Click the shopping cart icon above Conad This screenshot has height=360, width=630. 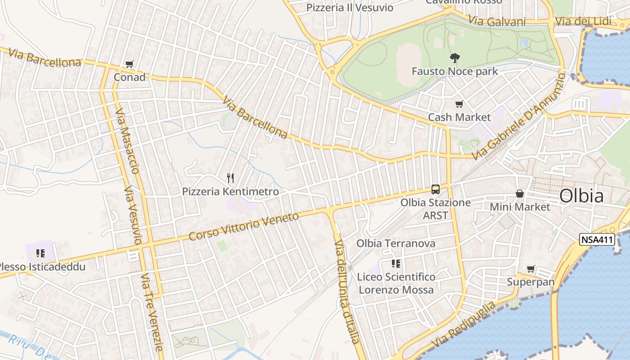[x=130, y=64]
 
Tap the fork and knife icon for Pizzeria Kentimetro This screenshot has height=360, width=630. [x=230, y=178]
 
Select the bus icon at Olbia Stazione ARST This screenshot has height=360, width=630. [x=435, y=189]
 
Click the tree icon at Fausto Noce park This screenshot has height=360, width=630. [x=454, y=58]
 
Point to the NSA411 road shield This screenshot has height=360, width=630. [x=597, y=239]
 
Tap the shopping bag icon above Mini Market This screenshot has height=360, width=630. [x=520, y=193]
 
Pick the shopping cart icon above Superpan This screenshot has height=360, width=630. [x=531, y=269]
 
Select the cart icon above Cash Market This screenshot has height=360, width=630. [x=459, y=104]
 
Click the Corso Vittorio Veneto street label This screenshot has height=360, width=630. [x=243, y=226]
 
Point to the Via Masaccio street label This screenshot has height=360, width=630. [x=127, y=141]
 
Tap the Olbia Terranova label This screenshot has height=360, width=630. [x=396, y=243]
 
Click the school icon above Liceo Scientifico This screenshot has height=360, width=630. [x=396, y=263]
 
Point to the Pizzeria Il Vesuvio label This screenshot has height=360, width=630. [x=350, y=8]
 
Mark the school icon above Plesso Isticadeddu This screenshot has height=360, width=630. [x=40, y=253]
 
